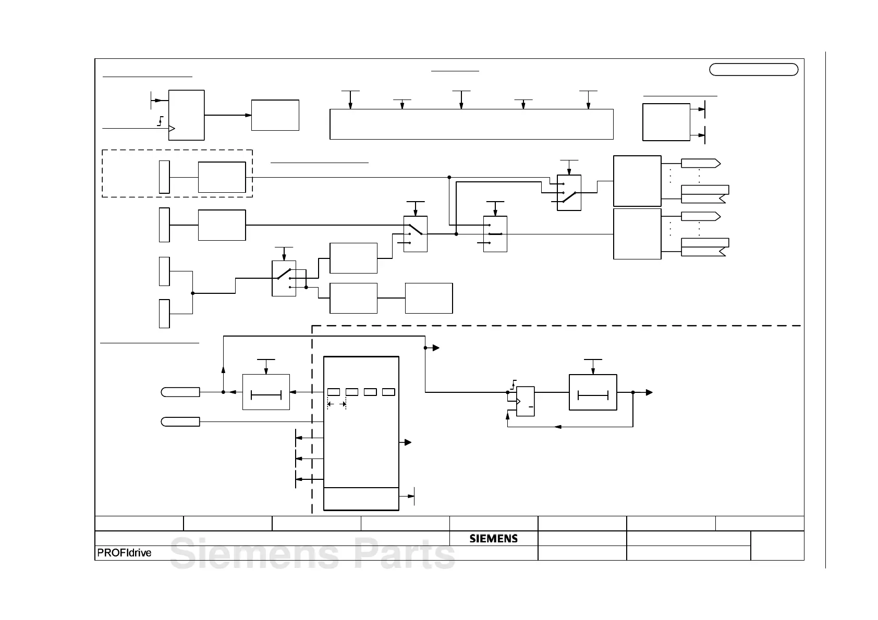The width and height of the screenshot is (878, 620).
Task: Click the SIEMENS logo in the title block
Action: (493, 538)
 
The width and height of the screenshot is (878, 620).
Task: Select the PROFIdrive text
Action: (124, 553)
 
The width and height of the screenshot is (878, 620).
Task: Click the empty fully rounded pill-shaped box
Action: (753, 70)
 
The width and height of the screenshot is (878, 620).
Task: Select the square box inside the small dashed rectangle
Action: (222, 177)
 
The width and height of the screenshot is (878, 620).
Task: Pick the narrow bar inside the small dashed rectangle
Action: (164, 177)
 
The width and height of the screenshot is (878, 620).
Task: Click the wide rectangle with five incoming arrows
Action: (471, 124)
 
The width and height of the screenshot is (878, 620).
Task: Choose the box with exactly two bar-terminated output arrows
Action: (666, 122)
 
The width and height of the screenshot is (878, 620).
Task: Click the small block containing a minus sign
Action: (526, 401)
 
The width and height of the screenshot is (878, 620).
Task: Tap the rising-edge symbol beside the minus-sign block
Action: (514, 384)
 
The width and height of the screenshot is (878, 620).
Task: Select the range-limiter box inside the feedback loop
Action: (593, 392)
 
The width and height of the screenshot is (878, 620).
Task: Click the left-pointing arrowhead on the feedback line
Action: (557, 427)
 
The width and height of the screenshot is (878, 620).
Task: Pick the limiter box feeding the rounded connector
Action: (266, 392)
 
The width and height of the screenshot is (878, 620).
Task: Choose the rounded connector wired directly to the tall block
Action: (180, 421)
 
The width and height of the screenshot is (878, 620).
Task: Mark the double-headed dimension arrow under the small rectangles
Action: (337, 404)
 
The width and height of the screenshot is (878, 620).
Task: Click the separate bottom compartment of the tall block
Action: (361, 499)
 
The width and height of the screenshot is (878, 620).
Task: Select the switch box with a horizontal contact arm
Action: (495, 234)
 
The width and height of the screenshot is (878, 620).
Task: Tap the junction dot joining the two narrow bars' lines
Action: (193, 293)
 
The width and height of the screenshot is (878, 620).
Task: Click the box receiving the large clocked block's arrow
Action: (275, 115)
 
